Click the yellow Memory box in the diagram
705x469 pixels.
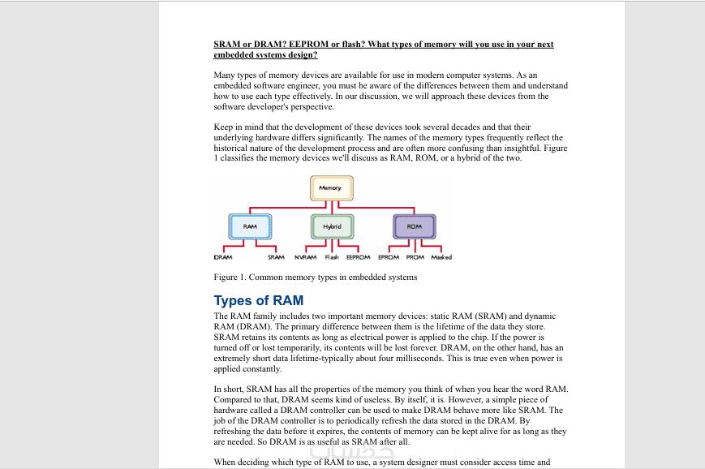point(330,188)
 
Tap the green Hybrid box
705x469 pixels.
point(332,226)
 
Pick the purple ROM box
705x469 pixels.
point(414,226)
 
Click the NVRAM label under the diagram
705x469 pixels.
point(305,257)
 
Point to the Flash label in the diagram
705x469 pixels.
point(332,257)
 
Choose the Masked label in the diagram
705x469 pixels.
point(441,257)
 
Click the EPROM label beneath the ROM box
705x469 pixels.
point(389,257)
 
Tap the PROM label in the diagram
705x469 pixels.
point(415,257)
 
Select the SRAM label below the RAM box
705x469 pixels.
point(276,257)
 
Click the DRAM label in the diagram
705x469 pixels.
point(223,257)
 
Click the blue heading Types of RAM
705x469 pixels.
point(258,301)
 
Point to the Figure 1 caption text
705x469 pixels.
point(315,278)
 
